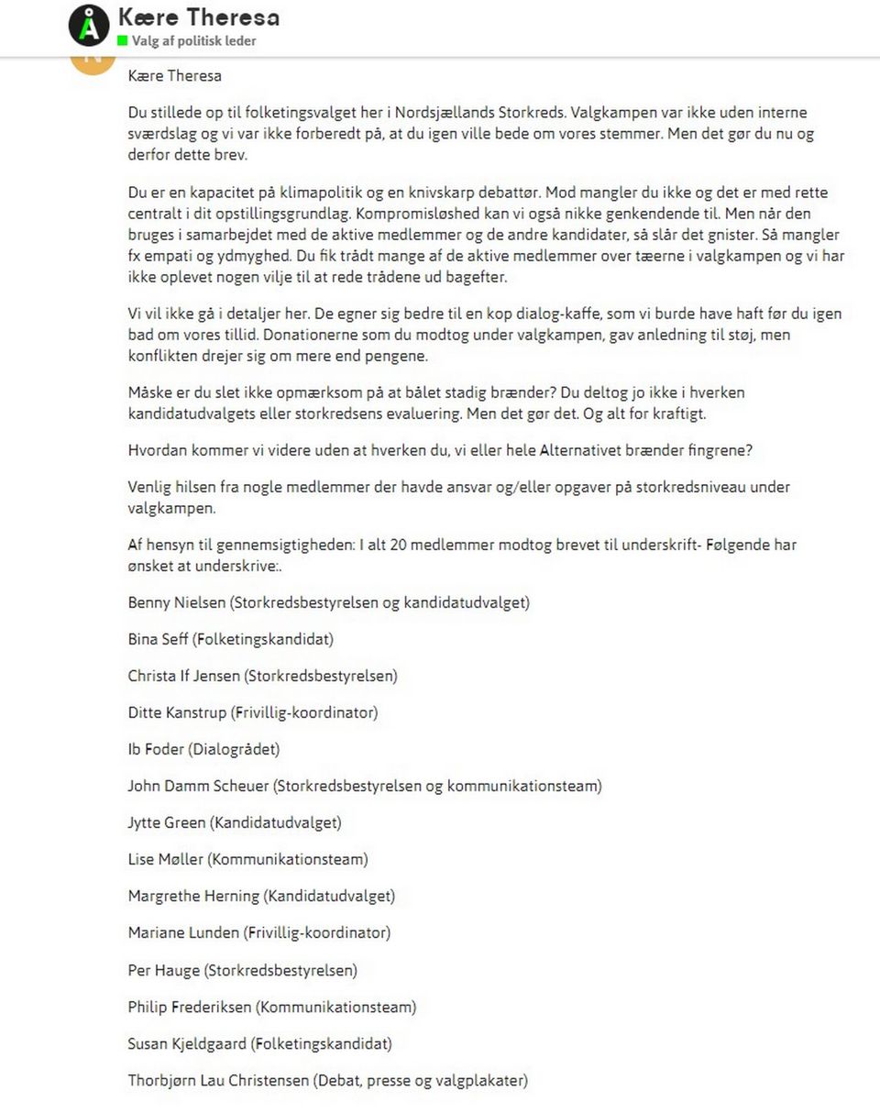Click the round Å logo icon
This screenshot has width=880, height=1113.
pyautogui.click(x=89, y=26)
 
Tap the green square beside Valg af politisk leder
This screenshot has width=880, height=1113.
pyautogui.click(x=122, y=41)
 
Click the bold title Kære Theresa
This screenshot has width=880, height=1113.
pyautogui.click(x=199, y=17)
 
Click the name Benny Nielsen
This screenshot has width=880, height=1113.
pyautogui.click(x=176, y=602)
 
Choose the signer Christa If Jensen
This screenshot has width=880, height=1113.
pyautogui.click(x=184, y=676)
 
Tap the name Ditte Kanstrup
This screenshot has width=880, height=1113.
pyautogui.click(x=178, y=712)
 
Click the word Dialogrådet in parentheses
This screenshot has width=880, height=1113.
pyautogui.click(x=234, y=749)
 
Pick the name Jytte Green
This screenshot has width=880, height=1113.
pyautogui.click(x=167, y=822)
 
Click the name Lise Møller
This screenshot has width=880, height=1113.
pyautogui.click(x=166, y=859)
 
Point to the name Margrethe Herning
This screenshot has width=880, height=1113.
pyautogui.click(x=193, y=896)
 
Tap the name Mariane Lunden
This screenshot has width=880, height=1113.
pyautogui.click(x=184, y=932)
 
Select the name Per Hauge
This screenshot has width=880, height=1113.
pyautogui.click(x=163, y=969)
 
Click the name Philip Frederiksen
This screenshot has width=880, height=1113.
pyautogui.click(x=190, y=1007)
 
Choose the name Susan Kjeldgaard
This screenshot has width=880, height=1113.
pyautogui.click(x=187, y=1043)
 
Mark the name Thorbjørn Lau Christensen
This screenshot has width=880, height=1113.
pyautogui.click(x=218, y=1080)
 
